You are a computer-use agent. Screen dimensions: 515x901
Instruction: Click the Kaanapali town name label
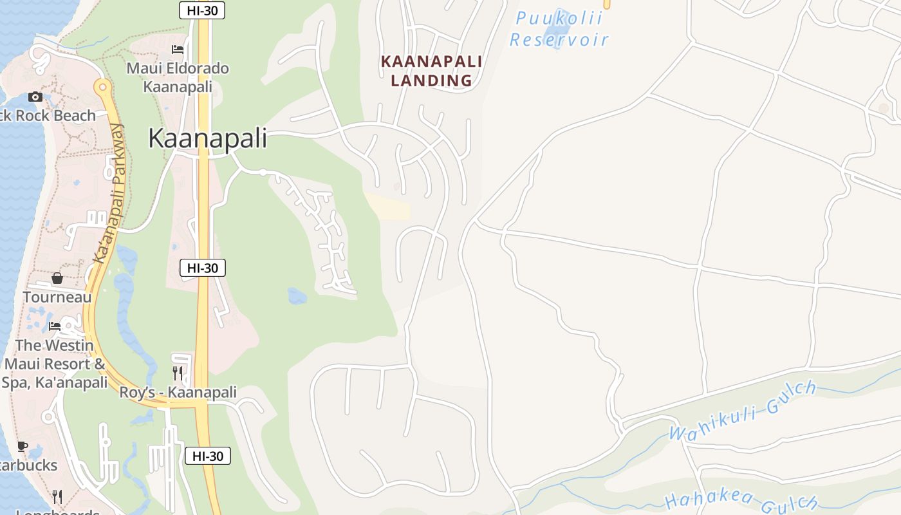[x=207, y=138]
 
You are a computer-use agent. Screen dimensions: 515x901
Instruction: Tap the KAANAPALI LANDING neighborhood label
[x=431, y=71]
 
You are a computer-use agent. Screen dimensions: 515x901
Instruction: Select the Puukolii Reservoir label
[x=559, y=29]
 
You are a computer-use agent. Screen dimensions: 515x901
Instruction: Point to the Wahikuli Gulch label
[x=743, y=410]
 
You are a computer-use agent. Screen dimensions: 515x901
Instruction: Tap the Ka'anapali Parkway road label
[x=108, y=193]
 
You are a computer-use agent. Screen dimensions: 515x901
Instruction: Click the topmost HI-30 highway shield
[x=201, y=10]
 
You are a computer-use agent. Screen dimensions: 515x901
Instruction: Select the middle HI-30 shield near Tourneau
[x=203, y=268]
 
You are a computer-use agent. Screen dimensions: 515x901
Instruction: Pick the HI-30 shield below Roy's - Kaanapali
[x=208, y=456]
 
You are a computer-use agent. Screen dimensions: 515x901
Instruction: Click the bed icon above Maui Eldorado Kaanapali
[x=178, y=50]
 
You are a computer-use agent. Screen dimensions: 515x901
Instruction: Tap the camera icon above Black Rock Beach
[x=35, y=97]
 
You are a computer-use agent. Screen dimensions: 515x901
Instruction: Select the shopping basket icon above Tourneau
[x=57, y=278]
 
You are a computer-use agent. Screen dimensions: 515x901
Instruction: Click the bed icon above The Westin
[x=55, y=326]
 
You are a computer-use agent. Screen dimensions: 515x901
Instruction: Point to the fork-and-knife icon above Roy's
[x=178, y=373]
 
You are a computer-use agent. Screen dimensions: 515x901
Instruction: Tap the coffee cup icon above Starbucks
[x=23, y=446]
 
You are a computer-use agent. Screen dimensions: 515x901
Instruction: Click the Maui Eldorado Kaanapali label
[x=178, y=77]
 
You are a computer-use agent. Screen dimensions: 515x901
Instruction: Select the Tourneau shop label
[x=57, y=297]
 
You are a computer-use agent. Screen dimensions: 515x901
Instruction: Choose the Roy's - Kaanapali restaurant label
[x=178, y=392]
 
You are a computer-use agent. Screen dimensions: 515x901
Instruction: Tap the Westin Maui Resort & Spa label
[x=55, y=364]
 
